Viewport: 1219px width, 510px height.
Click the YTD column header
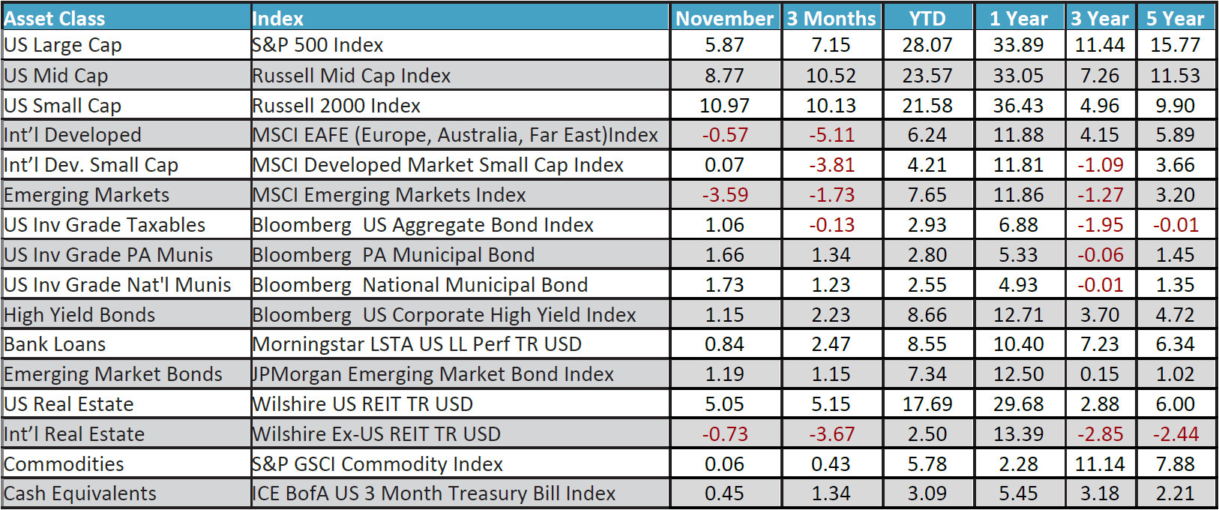pos(927,18)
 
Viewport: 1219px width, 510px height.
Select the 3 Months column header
pos(831,18)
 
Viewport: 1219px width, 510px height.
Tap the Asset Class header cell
pos(55,18)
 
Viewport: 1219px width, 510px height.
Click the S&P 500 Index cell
pos(318,45)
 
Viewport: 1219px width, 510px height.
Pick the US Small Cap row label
pos(63,106)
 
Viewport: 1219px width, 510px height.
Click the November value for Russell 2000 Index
pos(724,106)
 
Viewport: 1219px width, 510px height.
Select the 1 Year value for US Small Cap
pos(1018,106)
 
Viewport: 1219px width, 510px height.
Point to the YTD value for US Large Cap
pos(927,45)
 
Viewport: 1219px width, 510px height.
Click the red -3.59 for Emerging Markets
pos(724,195)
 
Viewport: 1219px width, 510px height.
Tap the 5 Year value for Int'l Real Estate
pos(1175,434)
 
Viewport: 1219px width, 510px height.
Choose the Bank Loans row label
pos(55,344)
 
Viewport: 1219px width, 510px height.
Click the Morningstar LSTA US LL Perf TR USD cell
pos(417,344)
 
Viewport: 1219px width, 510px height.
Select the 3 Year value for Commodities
pos(1100,464)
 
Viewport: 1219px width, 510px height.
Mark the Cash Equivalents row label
pos(80,493)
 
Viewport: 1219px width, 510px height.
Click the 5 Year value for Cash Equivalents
pos(1175,493)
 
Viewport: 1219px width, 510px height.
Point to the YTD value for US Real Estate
pos(927,404)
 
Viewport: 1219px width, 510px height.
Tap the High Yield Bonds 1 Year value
pos(1018,315)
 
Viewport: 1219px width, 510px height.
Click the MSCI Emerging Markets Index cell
pos(389,195)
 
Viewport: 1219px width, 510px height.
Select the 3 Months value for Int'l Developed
pos(831,135)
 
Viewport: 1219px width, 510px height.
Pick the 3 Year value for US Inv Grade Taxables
pos(1100,225)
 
